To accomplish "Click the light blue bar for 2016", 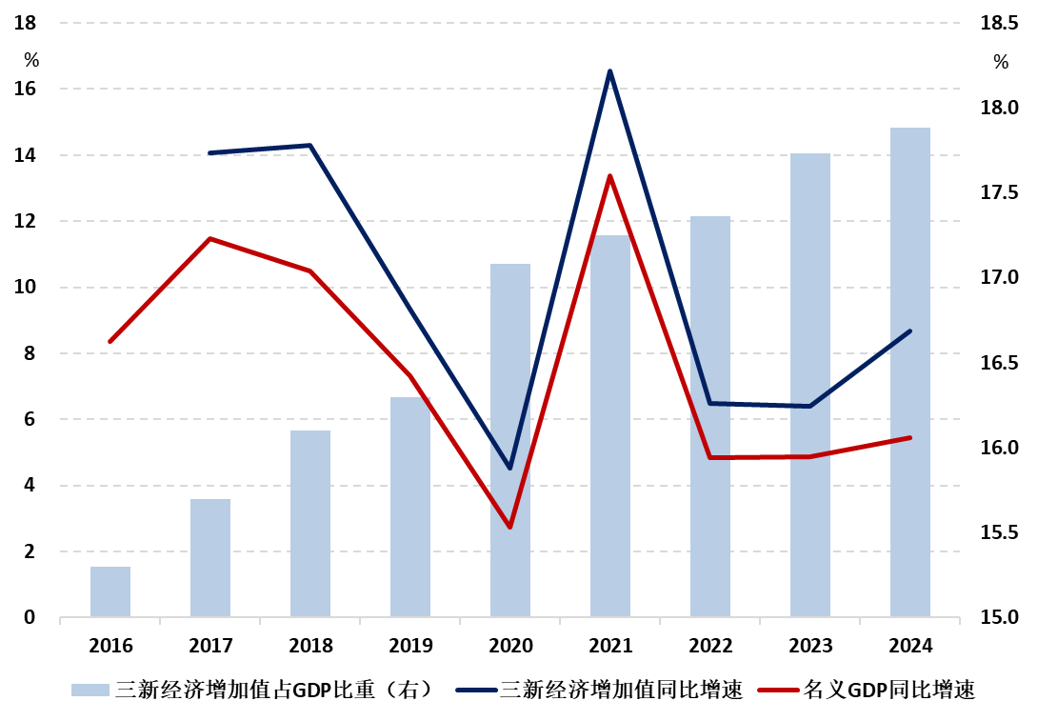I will [x=110, y=591].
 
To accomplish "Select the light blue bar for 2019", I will [x=410, y=507].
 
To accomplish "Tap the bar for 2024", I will [x=910, y=371].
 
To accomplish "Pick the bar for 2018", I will [x=310, y=523].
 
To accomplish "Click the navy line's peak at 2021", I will [x=610, y=71].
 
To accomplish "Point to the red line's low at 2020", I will [x=510, y=527].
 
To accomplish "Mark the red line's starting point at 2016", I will [x=110, y=341].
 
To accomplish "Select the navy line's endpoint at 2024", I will [x=910, y=331].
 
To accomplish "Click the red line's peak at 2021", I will [x=610, y=176].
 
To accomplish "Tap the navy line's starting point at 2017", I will [x=210, y=152].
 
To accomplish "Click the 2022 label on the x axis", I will [x=710, y=646].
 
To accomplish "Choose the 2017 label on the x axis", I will [x=210, y=646].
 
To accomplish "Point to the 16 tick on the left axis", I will [x=26, y=89].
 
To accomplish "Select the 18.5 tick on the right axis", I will [x=999, y=24].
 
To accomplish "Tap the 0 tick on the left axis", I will [x=30, y=618].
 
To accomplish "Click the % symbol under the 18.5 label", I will [x=1001, y=63].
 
